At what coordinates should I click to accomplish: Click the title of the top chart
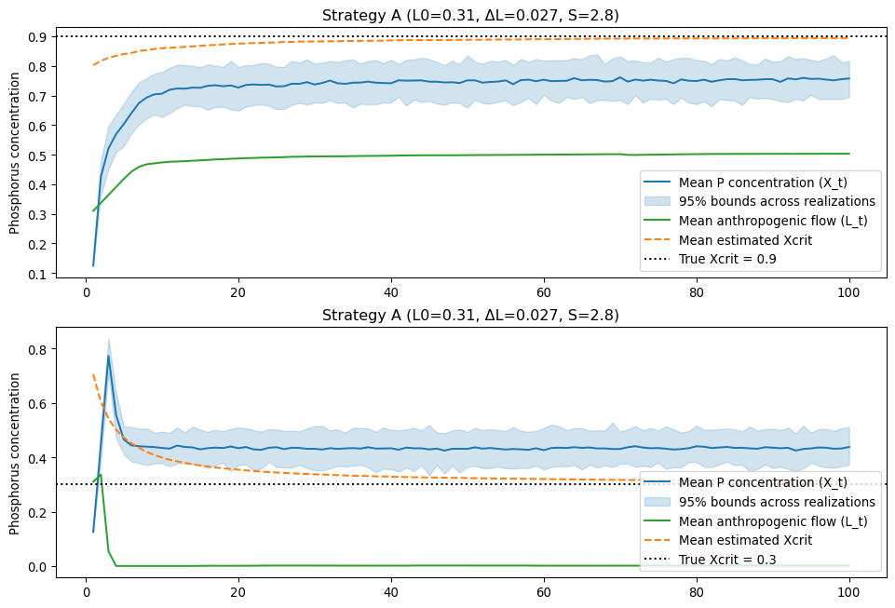[470, 15]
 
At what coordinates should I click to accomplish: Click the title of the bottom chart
[470, 315]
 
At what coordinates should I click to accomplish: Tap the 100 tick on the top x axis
[848, 290]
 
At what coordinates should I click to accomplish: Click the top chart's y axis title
[15, 155]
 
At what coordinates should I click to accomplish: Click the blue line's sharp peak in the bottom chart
[109, 355]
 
